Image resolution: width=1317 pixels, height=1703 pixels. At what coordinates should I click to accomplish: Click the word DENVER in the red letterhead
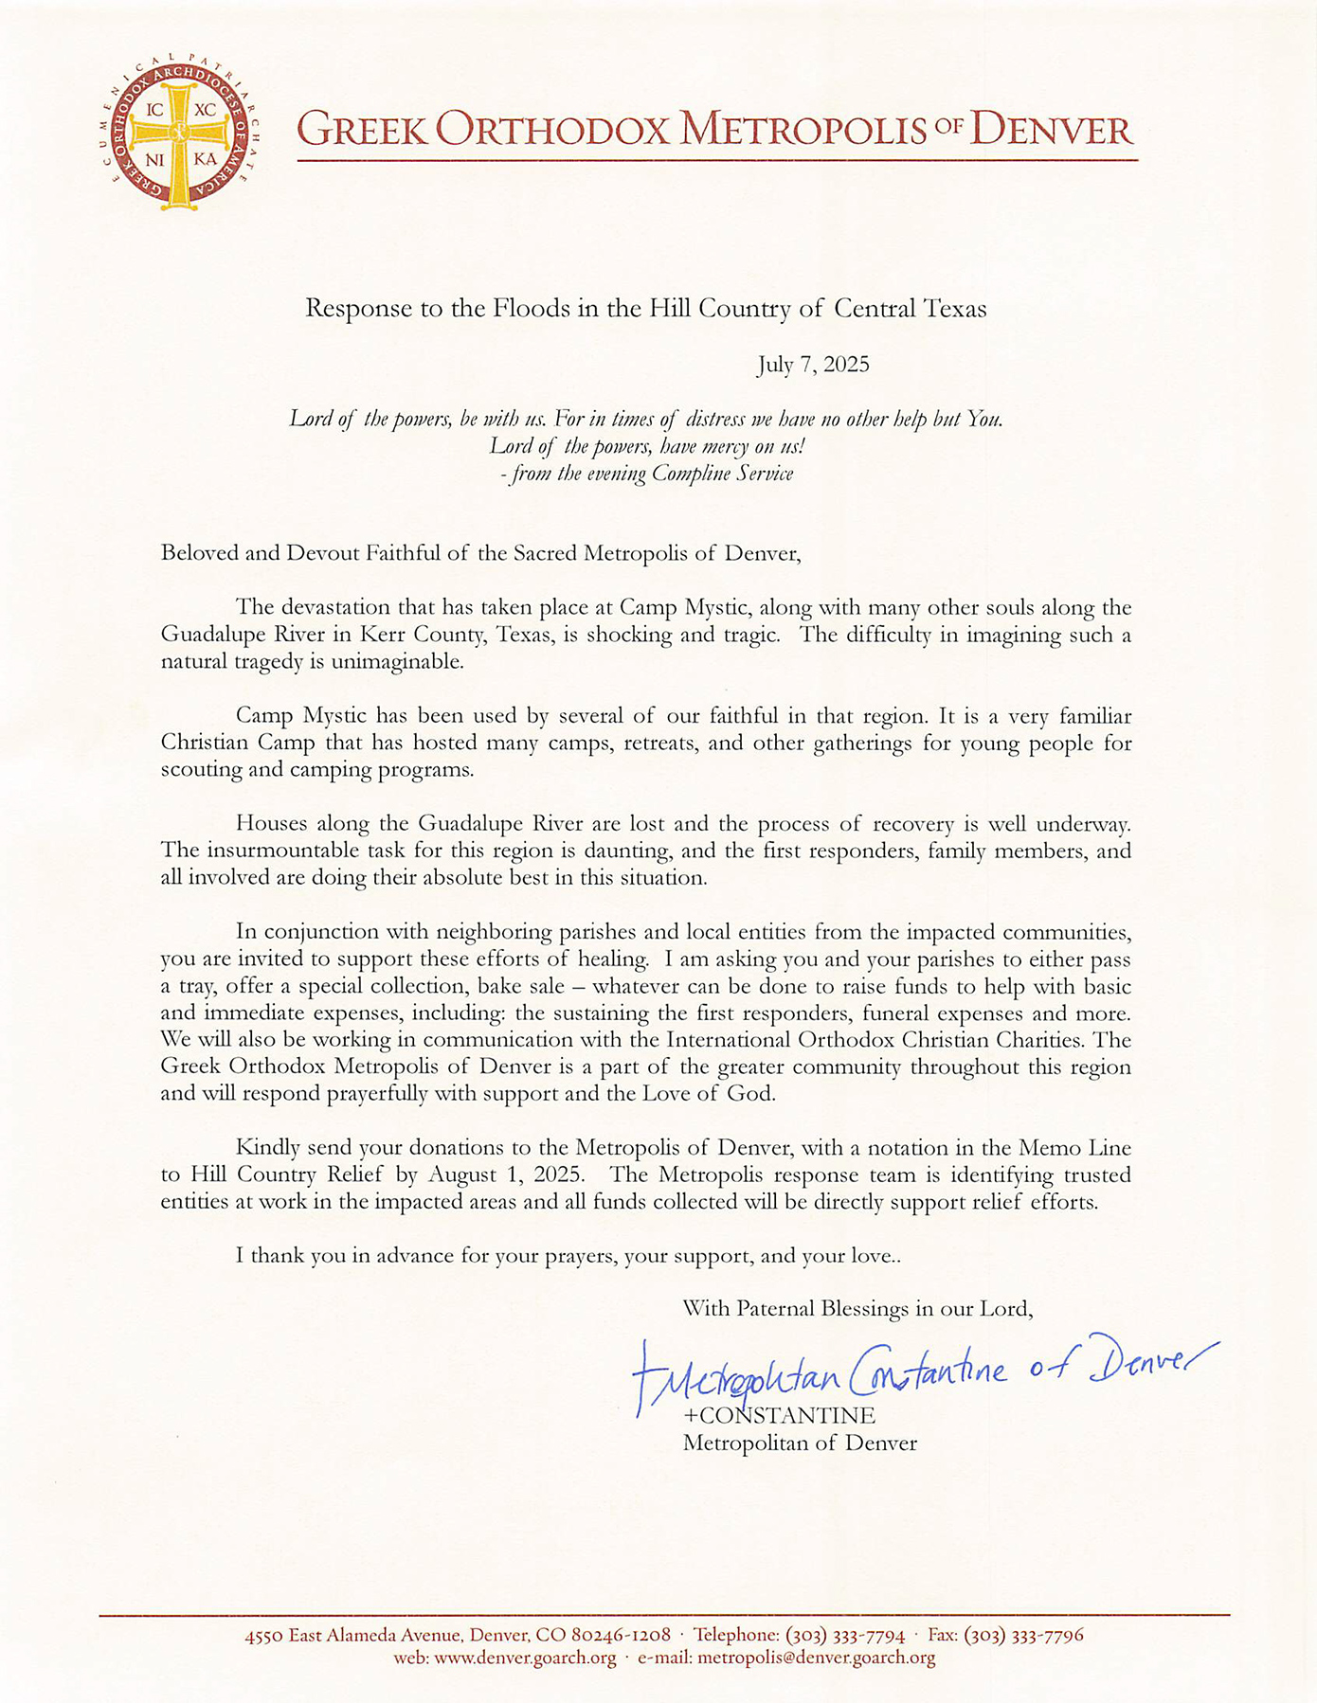click(x=1053, y=130)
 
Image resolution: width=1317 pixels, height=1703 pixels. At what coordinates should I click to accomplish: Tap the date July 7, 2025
click(x=813, y=365)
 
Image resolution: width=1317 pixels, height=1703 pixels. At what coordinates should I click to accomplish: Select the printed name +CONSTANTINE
click(x=779, y=1417)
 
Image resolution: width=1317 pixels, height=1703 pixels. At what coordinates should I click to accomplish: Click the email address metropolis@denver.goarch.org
click(x=816, y=1658)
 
